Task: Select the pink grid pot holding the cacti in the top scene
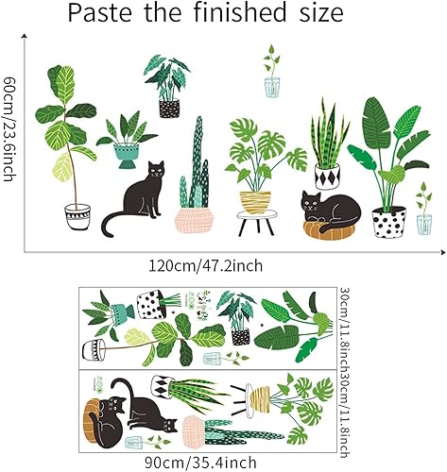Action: [193, 219]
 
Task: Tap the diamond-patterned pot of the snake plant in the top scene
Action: [326, 176]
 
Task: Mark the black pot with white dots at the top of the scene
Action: [169, 108]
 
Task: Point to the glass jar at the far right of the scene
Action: [423, 223]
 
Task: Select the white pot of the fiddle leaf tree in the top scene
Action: [77, 218]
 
